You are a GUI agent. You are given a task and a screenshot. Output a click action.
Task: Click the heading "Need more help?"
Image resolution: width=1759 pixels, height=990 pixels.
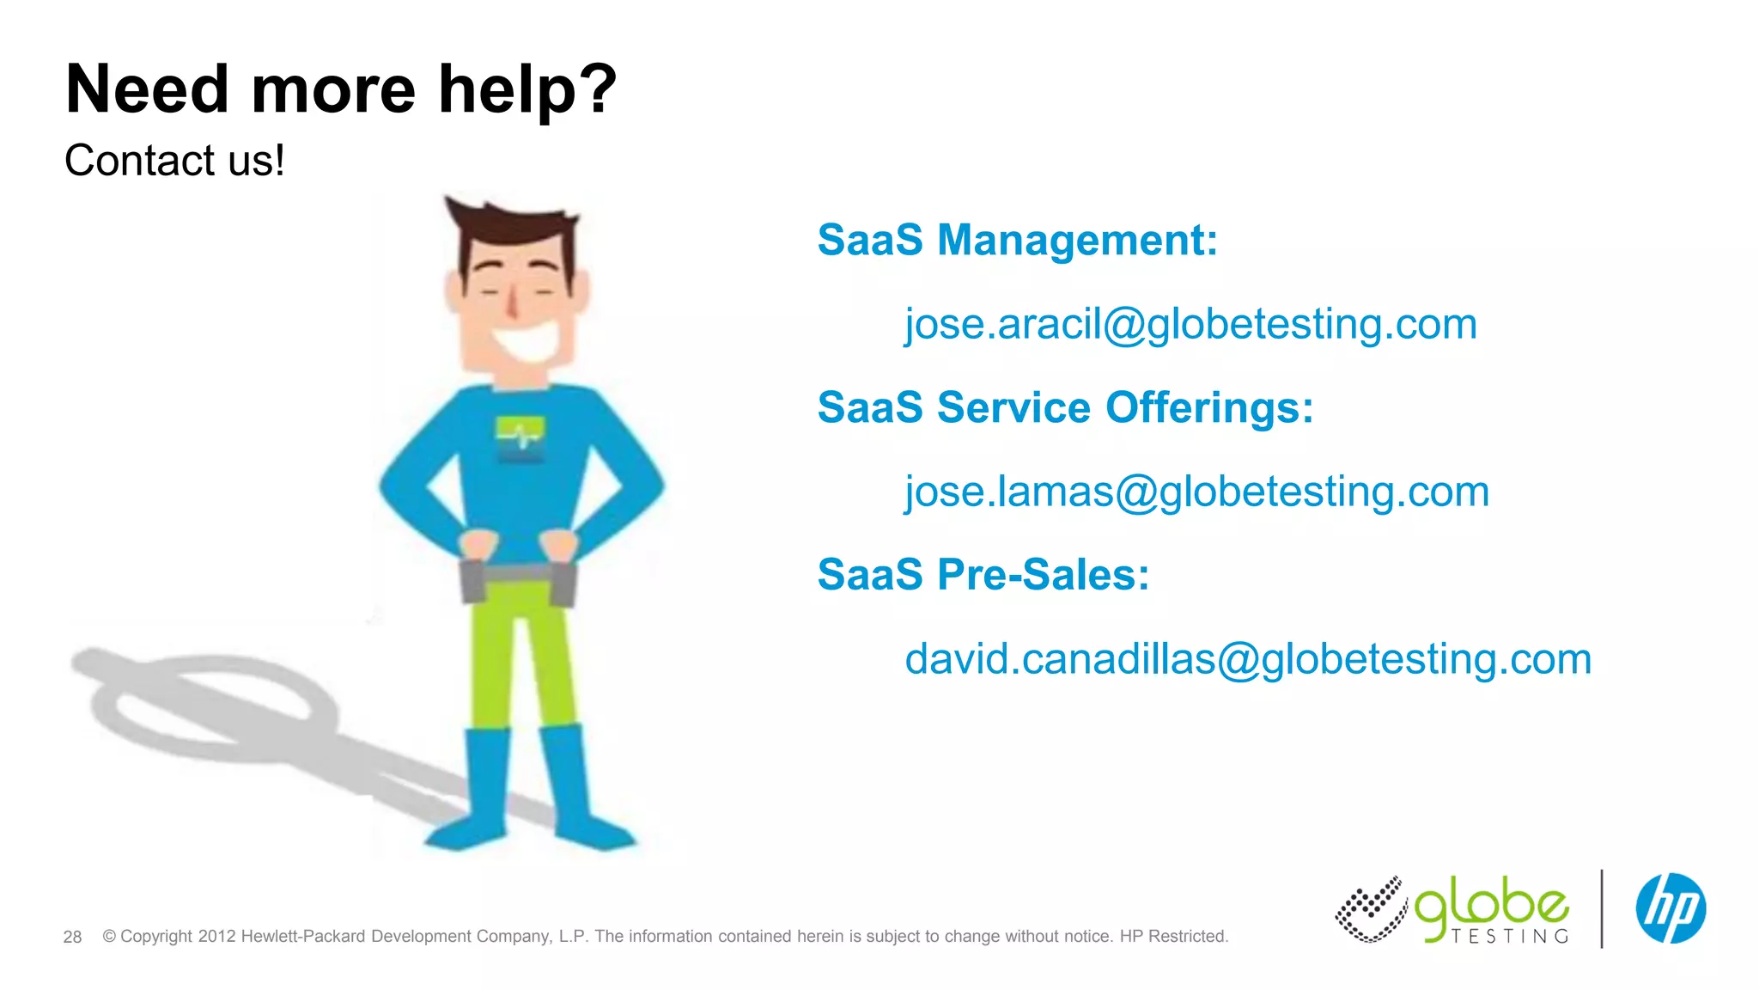point(341,89)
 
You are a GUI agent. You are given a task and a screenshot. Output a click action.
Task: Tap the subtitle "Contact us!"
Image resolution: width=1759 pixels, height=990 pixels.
point(174,161)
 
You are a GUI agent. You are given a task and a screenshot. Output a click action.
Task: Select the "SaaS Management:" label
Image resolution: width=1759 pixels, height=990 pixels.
point(1017,240)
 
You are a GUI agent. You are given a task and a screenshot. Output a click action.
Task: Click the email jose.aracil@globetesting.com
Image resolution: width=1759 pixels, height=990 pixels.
point(1190,325)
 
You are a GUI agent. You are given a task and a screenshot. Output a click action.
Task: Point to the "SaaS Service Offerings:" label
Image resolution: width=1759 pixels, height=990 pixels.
point(1065,407)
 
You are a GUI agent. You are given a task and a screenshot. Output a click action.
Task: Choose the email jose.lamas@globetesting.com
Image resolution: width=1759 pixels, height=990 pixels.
point(1196,492)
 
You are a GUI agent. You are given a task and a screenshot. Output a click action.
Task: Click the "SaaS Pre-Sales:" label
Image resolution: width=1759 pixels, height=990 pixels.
point(983,575)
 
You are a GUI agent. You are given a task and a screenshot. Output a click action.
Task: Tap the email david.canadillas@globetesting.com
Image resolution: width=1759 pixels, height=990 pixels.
point(1248,660)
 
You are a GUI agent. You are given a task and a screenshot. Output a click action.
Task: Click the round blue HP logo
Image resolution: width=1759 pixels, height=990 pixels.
point(1670,908)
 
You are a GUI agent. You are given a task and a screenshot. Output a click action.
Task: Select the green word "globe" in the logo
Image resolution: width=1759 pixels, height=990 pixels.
point(1491,905)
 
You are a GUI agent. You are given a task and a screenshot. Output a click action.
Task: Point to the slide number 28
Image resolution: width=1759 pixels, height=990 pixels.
point(72,937)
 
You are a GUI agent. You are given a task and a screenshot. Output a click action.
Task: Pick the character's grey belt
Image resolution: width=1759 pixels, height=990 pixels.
point(517,574)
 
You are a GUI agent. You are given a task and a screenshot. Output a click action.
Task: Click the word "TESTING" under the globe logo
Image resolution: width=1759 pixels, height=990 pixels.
point(1509,936)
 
